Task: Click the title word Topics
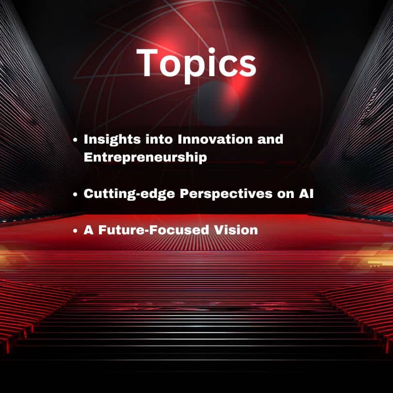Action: pyautogui.click(x=196, y=65)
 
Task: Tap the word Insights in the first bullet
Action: pyautogui.click(x=112, y=140)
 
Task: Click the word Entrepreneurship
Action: pyautogui.click(x=146, y=158)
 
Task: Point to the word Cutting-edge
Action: pyautogui.click(x=130, y=194)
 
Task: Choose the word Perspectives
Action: pyautogui.click(x=226, y=194)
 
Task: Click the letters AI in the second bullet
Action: pyautogui.click(x=306, y=194)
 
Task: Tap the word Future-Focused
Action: pyautogui.click(x=154, y=230)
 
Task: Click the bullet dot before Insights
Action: pyautogui.click(x=75, y=140)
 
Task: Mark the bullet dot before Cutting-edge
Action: pyautogui.click(x=75, y=194)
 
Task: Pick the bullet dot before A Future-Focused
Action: pyautogui.click(x=75, y=230)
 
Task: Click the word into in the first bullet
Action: pyautogui.click(x=159, y=139)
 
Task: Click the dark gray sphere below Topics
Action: pyautogui.click(x=216, y=103)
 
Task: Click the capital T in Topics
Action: pyautogui.click(x=147, y=63)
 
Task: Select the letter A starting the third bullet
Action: pyautogui.click(x=89, y=230)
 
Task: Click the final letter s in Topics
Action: pyautogui.click(x=247, y=66)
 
